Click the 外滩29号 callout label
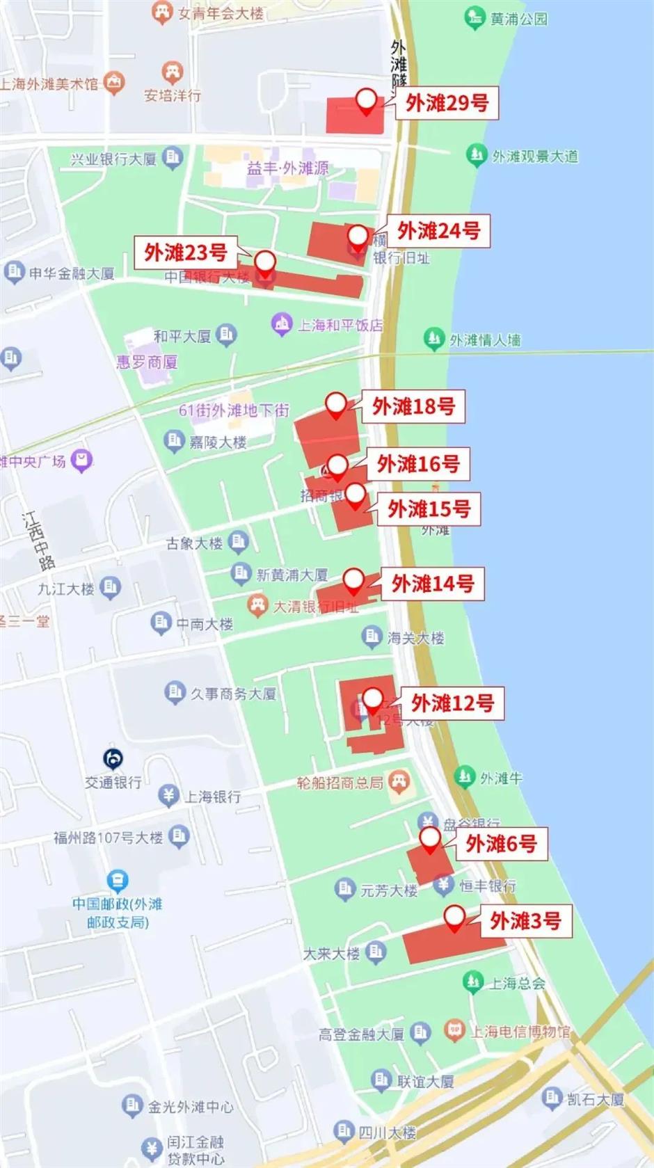coord(447,103)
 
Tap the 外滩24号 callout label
coord(438,231)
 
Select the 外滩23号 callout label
coord(186,253)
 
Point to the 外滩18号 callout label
coord(413,406)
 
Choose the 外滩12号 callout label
coord(452,704)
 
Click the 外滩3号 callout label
coord(525,922)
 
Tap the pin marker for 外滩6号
coord(430,838)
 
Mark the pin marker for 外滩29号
coord(366,101)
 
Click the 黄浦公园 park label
coord(518,19)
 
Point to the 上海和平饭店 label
coord(340,325)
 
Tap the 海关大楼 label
coord(415,638)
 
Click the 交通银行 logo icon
coord(113,758)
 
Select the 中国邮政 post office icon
coord(118,881)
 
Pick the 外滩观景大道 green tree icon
coord(476,154)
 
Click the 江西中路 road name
coord(38,541)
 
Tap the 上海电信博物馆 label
coord(520,1032)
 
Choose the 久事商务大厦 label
coord(233,694)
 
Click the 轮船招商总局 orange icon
coord(399,781)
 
